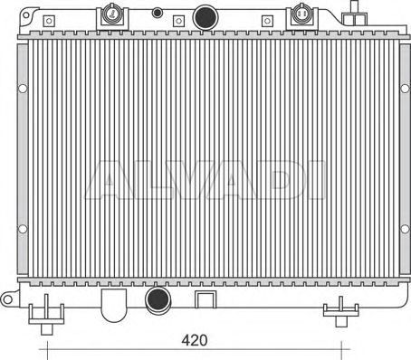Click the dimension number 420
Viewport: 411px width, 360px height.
195,340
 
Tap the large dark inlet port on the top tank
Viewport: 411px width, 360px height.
205,17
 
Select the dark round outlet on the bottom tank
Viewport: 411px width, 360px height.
158,299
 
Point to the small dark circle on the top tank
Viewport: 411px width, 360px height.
157,13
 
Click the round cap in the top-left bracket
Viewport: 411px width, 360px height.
112,14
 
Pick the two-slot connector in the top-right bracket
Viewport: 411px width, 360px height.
301,14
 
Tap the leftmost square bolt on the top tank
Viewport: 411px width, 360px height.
49,21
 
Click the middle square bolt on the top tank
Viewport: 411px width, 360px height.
178,21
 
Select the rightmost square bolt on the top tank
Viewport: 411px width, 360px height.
267,21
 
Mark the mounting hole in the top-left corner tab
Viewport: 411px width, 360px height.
26,14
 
